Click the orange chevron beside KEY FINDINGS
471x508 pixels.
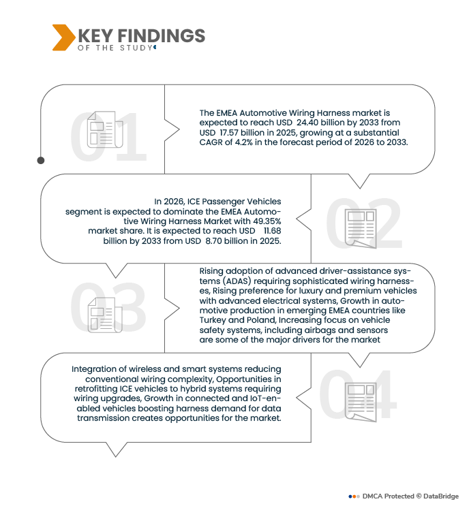coord(63,37)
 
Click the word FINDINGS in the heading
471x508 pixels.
coord(161,36)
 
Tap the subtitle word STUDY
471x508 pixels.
coord(136,48)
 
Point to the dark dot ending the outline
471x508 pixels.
coord(41,160)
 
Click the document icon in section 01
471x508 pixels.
coord(105,129)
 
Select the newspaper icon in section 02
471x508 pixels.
coord(360,228)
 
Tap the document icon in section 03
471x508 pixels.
coord(105,315)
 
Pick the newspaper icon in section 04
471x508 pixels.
coord(360,402)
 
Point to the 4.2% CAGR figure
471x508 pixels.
coord(243,142)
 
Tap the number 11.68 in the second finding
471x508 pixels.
coord(272,231)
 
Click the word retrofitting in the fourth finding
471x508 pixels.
coord(96,389)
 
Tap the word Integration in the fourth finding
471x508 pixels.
coord(90,369)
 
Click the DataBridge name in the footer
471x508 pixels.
coord(441,496)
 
